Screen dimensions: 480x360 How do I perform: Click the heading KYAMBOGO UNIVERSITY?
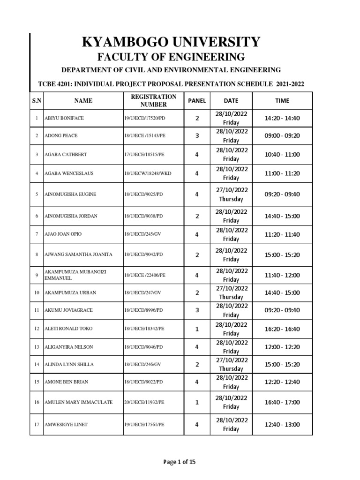[x=171, y=42]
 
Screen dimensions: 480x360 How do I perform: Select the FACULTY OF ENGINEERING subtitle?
[x=171, y=57]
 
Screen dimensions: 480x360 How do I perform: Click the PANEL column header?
[x=197, y=100]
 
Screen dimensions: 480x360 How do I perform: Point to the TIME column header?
[x=282, y=100]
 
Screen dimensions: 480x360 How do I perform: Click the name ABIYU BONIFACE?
[x=64, y=118]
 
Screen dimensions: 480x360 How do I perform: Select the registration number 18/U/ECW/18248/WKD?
[x=148, y=173]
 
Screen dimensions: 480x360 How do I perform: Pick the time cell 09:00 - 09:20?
[x=282, y=135]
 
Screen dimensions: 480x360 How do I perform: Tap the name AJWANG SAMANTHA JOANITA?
[x=78, y=255]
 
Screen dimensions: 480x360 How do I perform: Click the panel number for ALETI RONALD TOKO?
[x=197, y=329]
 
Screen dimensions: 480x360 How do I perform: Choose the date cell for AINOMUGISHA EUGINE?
[x=231, y=194]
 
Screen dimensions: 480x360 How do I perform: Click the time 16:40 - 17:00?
[x=282, y=402]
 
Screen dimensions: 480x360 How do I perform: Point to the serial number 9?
[x=37, y=275]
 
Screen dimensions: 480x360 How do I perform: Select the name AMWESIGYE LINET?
[x=66, y=425]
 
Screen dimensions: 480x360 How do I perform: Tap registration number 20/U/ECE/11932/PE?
[x=144, y=402]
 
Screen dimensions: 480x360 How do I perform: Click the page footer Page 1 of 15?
[x=180, y=462]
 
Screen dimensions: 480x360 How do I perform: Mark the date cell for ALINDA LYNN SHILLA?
[x=231, y=364]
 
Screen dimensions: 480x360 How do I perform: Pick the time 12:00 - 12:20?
[x=282, y=347]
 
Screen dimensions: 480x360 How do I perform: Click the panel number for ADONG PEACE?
[x=197, y=135]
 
